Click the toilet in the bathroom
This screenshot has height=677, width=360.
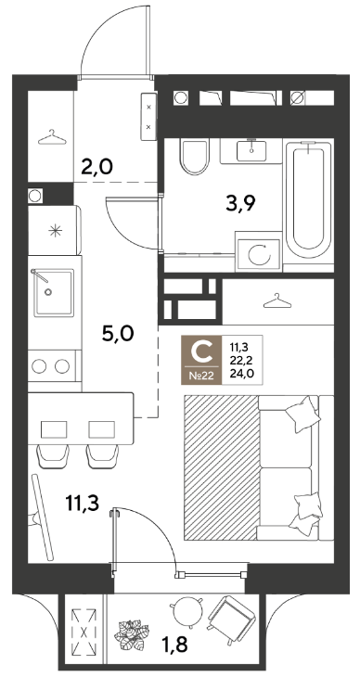pos(194,156)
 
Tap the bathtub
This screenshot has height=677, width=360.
pos(308,200)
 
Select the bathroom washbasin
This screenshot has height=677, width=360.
pos(251,150)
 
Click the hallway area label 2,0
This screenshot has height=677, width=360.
pos(97,165)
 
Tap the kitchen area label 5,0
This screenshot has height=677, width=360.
pos(119,334)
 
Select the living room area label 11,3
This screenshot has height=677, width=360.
pos(83,503)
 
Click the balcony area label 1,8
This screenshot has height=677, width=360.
pos(175,645)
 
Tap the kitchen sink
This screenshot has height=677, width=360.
pos(54,292)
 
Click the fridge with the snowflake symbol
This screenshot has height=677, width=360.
pos(55,230)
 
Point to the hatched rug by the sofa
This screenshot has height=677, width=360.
pos(221,467)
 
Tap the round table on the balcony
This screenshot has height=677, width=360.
pos(186,611)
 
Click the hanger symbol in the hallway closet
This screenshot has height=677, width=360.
pos(52,137)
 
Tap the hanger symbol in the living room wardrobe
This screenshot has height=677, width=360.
pos(277,300)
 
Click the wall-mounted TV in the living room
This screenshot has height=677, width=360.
pos(42,517)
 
